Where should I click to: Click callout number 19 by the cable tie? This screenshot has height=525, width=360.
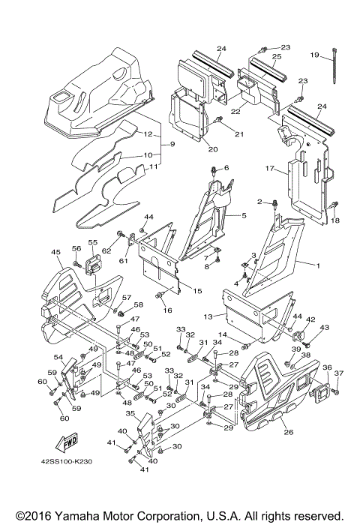(x=315, y=54)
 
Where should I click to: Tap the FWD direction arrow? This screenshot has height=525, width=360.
(x=69, y=443)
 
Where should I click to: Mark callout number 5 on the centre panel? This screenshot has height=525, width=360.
(x=243, y=215)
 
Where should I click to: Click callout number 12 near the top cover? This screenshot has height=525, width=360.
(x=148, y=134)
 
